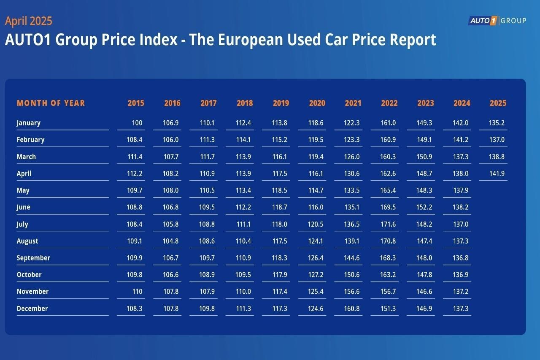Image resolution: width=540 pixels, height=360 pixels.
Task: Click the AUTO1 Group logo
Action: coord(497,21)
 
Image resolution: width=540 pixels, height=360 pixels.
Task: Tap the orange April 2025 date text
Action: coord(29,21)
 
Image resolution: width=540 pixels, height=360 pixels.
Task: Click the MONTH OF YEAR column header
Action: coord(51,103)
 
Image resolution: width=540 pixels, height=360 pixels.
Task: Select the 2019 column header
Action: coord(281,103)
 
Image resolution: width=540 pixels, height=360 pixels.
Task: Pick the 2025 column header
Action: coord(498,103)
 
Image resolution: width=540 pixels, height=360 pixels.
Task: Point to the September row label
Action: coord(33,258)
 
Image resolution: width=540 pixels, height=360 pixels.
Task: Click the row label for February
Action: coord(30,140)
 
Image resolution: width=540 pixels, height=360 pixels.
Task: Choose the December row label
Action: coord(32,309)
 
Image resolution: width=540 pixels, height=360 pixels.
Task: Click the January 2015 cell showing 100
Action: coord(137,123)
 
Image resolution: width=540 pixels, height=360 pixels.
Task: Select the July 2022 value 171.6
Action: coord(388,224)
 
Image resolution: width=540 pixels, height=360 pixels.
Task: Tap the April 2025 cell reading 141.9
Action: coord(497,173)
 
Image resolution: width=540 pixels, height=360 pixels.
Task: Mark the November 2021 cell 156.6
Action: coord(352,292)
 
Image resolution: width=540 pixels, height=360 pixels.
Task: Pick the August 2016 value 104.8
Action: coord(171,241)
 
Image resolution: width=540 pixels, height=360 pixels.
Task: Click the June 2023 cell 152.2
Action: coord(424,207)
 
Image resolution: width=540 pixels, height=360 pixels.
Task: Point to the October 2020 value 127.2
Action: coord(316,275)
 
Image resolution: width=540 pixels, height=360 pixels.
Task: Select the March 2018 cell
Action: coord(243,157)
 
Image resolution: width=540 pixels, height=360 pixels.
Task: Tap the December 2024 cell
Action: coord(461,309)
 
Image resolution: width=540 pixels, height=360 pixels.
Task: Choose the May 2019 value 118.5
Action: coord(279,190)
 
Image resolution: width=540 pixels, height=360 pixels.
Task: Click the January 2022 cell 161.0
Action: coord(388,123)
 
